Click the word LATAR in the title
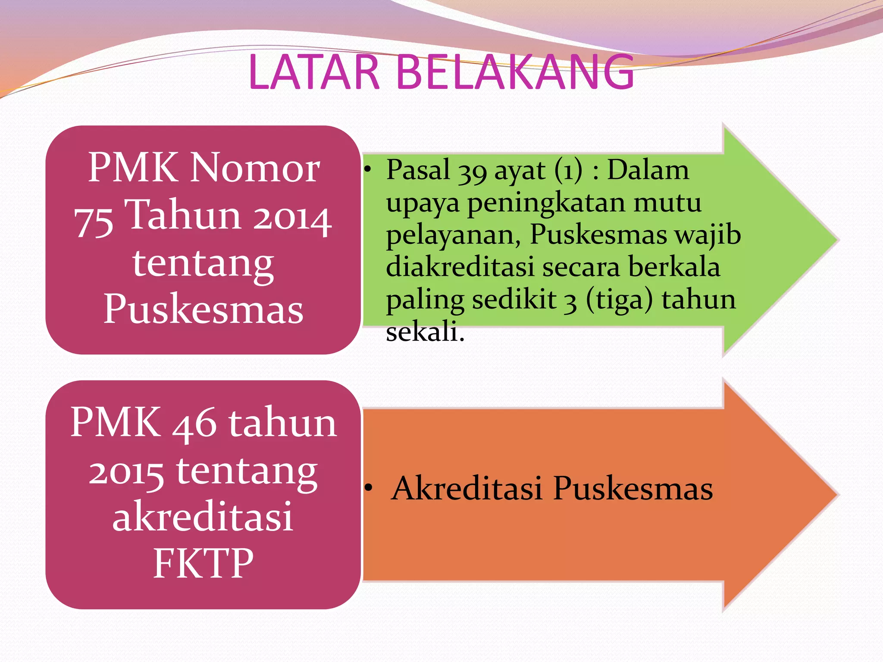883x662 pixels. click(314, 72)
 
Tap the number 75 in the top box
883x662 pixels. click(94, 221)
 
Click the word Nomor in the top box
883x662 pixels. click(255, 168)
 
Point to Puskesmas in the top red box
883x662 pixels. click(203, 309)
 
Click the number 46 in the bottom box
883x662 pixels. click(194, 424)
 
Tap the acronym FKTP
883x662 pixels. click(203, 563)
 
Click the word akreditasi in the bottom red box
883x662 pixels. click(203, 516)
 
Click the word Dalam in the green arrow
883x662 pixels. click(648, 170)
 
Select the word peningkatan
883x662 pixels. click(546, 203)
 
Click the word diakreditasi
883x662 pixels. click(460, 266)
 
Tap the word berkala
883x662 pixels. click(674, 266)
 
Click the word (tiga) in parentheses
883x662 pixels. click(619, 300)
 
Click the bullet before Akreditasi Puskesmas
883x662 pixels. click(368, 488)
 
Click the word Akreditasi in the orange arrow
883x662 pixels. click(467, 489)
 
